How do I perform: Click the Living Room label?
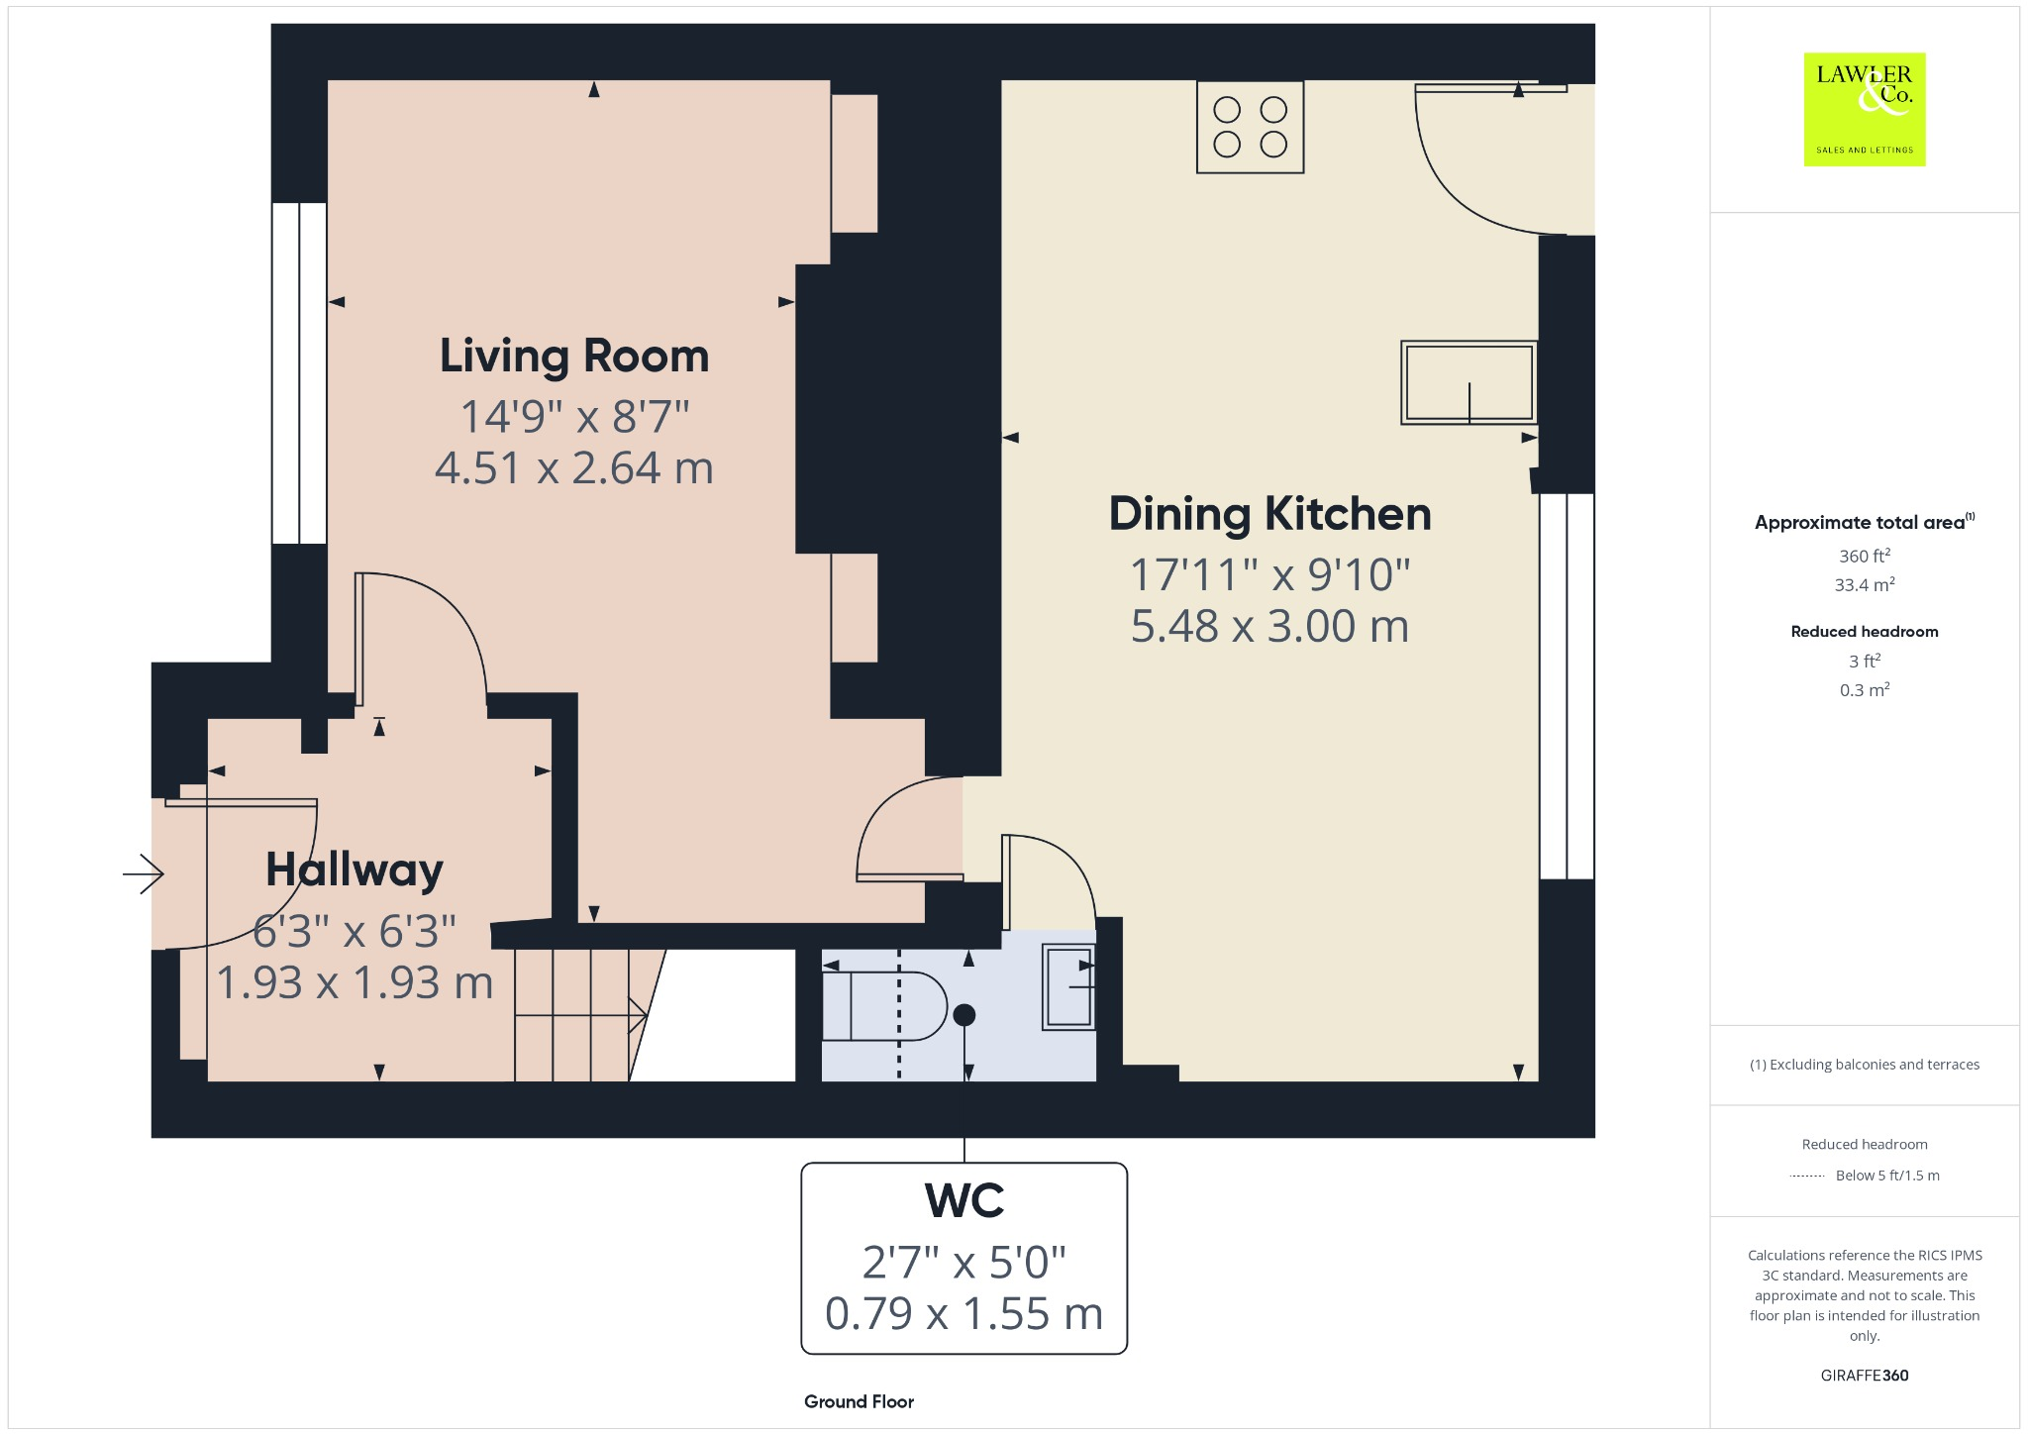[574, 357]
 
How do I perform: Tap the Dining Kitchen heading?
[1269, 514]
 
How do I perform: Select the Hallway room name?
[355, 870]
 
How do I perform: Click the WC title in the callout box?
[963, 1200]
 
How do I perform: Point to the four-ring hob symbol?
[1250, 128]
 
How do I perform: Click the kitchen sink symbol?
[1469, 382]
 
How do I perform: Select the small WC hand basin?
[1068, 987]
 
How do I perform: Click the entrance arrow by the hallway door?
[144, 873]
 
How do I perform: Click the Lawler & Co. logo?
[1864, 109]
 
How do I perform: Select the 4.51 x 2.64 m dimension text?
[574, 467]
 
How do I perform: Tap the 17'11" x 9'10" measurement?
[1269, 574]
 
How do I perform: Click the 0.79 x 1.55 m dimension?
[963, 1313]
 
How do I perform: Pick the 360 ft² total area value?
[1864, 556]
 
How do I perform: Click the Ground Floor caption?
[859, 1401]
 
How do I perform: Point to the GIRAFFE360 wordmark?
[1864, 1375]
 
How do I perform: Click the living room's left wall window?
[299, 373]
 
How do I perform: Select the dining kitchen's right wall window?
[1567, 685]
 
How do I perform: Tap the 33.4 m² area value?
[1864, 584]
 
